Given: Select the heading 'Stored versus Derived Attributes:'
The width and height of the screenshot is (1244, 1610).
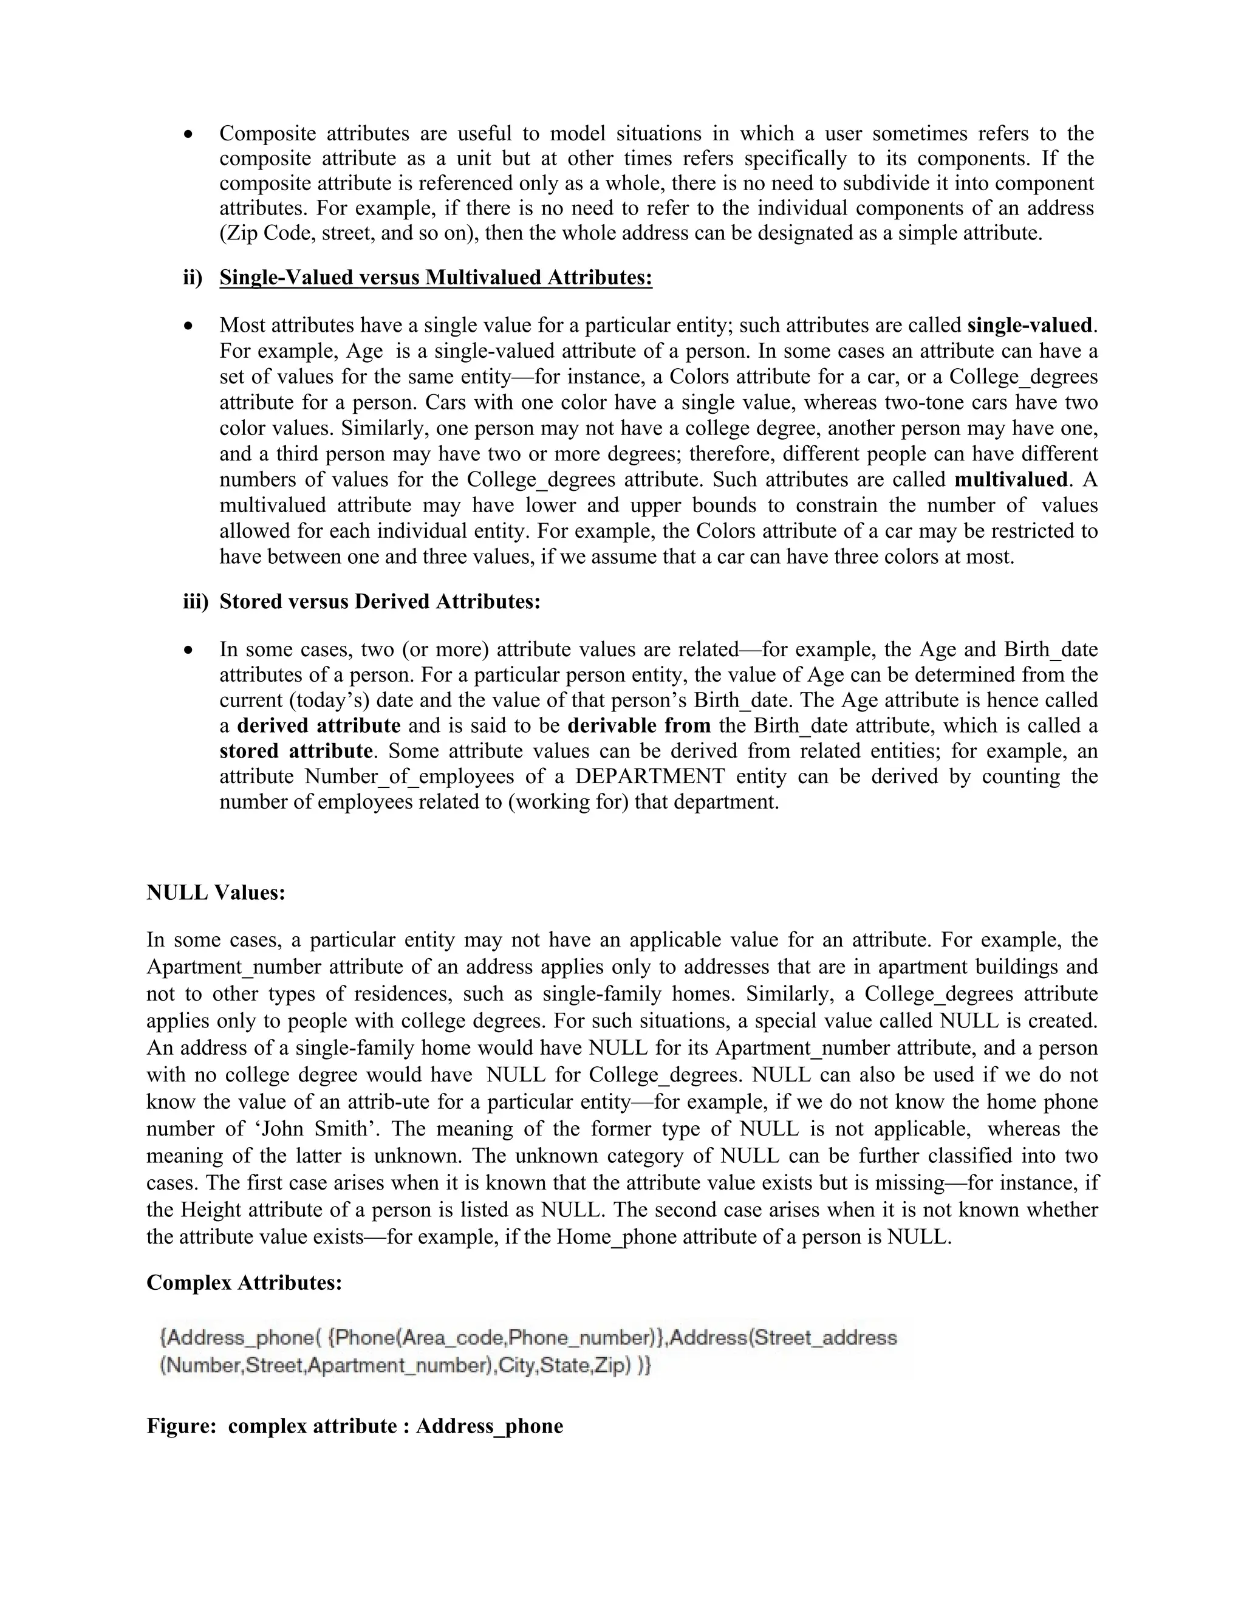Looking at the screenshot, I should click(380, 601).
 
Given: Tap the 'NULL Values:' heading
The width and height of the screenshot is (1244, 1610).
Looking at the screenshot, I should click(215, 892).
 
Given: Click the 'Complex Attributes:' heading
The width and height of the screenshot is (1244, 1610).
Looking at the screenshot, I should click(244, 1283).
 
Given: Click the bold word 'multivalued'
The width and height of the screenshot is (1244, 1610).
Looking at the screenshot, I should click(1010, 480).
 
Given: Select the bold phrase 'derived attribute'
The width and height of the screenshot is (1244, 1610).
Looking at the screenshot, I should click(318, 725).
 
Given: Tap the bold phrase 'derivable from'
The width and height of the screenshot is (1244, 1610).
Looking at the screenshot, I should click(639, 725).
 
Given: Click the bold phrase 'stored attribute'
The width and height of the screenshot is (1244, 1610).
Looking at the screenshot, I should click(296, 751).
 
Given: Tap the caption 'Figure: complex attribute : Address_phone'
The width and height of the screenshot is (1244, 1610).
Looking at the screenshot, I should click(355, 1426).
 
